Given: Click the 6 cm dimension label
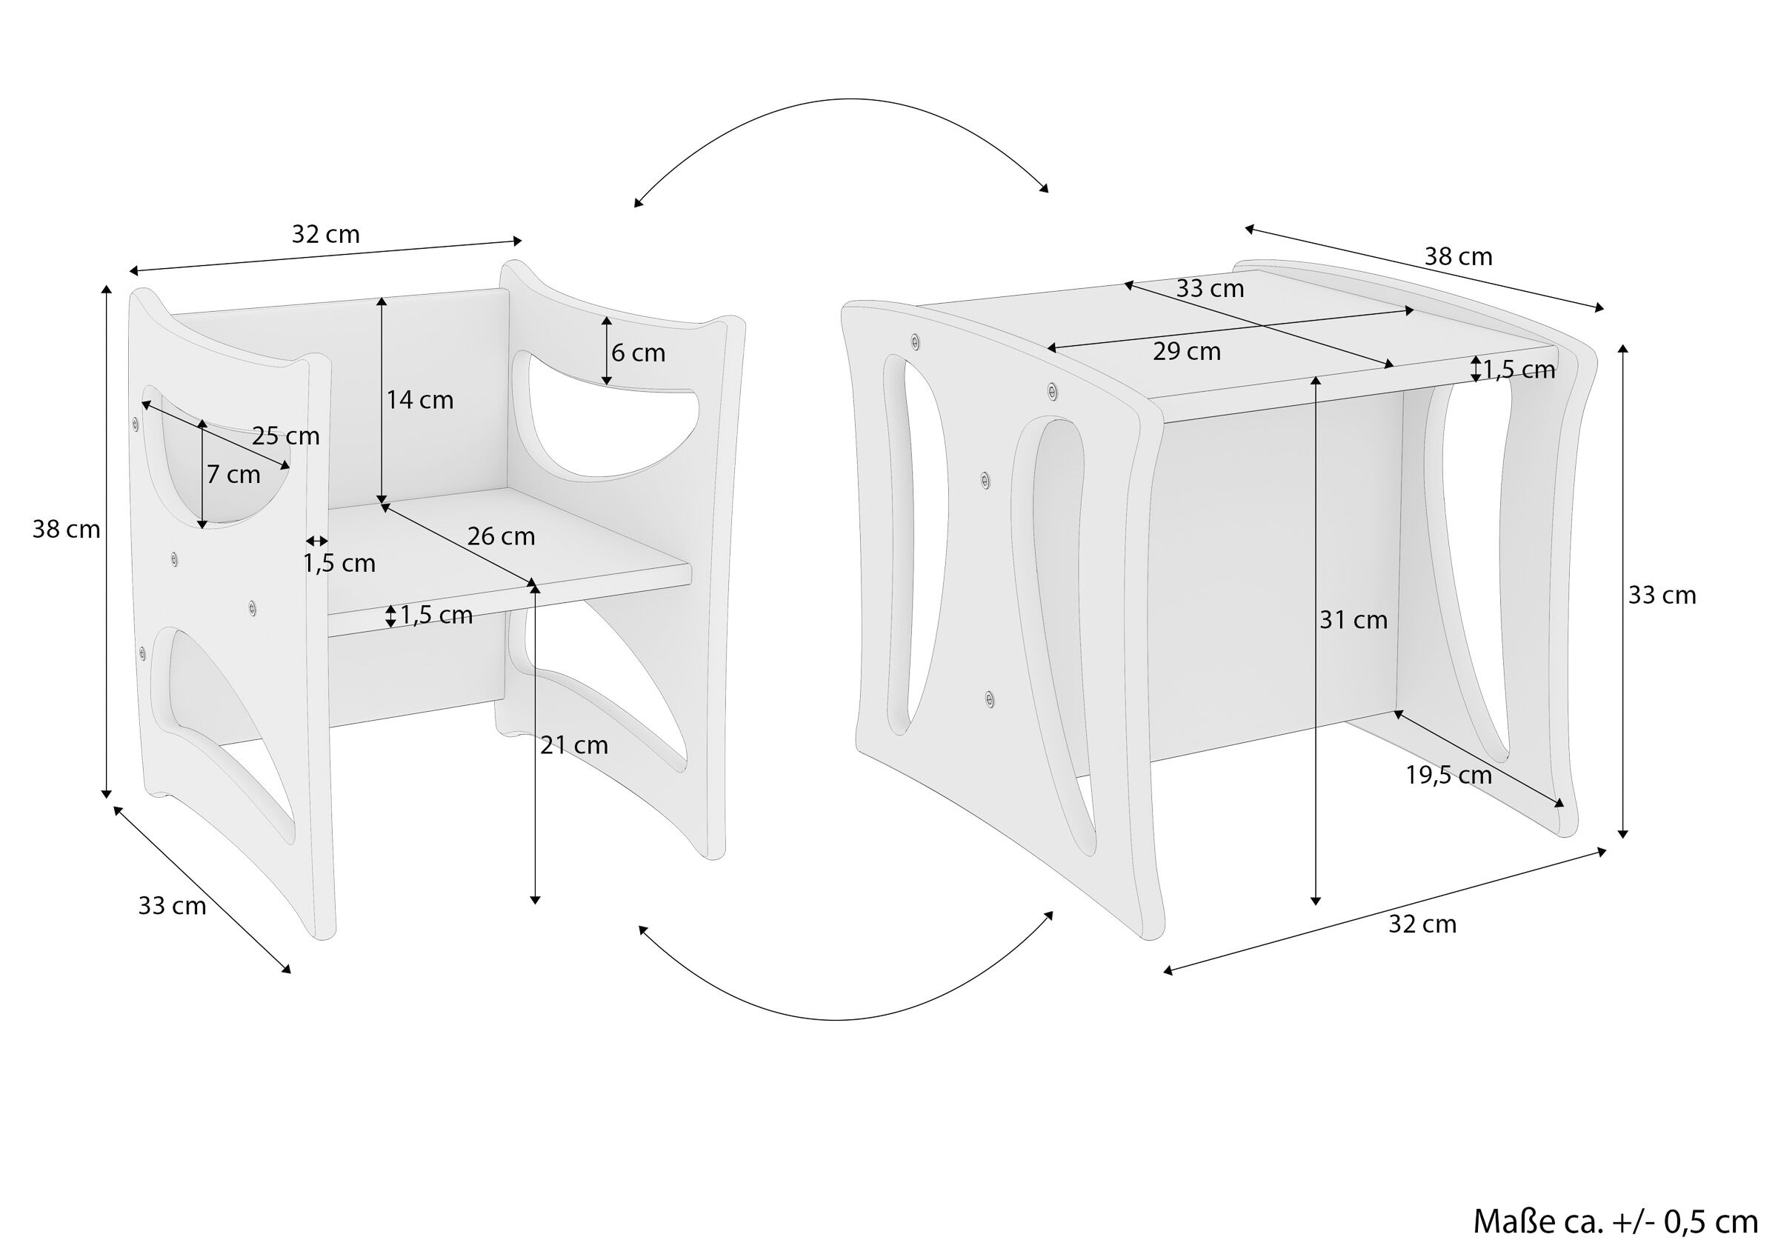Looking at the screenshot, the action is (x=638, y=353).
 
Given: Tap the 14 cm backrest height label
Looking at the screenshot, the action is (x=420, y=401).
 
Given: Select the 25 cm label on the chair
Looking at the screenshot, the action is (x=286, y=437).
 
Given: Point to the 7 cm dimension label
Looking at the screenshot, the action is (x=233, y=475).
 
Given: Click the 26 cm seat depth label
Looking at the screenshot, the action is (x=501, y=537).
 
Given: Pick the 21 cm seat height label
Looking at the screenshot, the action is (x=574, y=746).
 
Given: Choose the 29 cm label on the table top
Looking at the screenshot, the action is (x=1186, y=352).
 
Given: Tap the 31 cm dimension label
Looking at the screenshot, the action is (x=1354, y=621).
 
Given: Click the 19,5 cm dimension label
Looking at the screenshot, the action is (x=1449, y=776).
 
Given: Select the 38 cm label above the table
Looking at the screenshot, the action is (x=1458, y=257).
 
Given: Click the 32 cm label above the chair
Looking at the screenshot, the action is (x=325, y=235).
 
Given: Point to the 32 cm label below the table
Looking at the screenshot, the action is (x=1422, y=924).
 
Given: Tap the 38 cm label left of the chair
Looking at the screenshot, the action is (x=66, y=530).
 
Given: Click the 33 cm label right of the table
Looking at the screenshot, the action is (x=1662, y=596).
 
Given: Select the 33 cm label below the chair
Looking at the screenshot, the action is (x=172, y=906).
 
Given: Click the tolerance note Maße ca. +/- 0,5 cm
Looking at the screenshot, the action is (x=1615, y=1221).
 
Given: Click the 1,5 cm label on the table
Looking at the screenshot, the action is (x=1519, y=371).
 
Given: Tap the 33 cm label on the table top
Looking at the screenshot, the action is (x=1210, y=289).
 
